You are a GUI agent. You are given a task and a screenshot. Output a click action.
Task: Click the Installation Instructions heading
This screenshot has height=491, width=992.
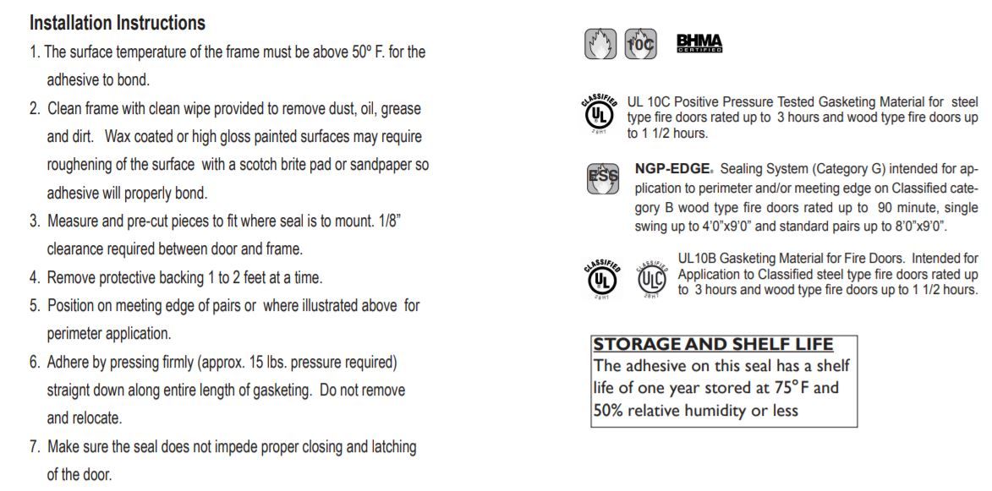tap(118, 23)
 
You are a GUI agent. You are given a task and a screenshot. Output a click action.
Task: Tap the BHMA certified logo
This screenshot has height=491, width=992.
tap(699, 44)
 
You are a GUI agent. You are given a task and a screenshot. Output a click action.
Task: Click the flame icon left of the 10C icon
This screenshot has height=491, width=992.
tap(600, 44)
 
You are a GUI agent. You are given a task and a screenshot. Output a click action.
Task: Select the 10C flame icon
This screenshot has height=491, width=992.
tap(639, 44)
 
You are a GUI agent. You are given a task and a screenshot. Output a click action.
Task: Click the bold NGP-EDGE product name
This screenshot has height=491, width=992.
tap(673, 168)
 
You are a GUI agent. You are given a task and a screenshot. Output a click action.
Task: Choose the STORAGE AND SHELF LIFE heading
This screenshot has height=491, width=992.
tap(713, 345)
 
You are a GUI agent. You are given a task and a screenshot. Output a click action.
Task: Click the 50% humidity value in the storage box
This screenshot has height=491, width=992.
tap(608, 411)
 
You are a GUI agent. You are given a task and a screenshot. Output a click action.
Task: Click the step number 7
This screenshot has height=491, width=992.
tap(34, 446)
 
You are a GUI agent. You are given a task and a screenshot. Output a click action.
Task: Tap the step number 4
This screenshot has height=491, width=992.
tap(34, 277)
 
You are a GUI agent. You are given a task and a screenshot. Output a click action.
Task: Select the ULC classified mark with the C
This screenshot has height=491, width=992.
tap(651, 278)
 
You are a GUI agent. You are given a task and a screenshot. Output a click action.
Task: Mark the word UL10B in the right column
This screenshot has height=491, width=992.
tap(699, 259)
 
